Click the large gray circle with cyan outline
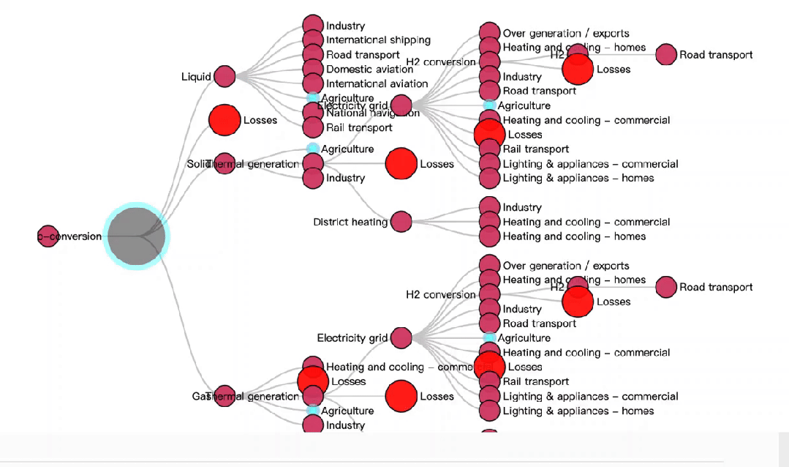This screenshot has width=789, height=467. (137, 235)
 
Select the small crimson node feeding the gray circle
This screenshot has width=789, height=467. (48, 236)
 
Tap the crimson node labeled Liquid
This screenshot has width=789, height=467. (224, 76)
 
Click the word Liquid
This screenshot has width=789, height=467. (196, 77)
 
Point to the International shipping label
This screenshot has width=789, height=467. (378, 40)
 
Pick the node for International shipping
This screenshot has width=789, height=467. (313, 40)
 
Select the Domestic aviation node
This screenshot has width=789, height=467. (313, 69)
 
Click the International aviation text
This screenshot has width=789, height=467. (377, 83)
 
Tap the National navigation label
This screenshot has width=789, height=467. (373, 113)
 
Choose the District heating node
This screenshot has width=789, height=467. (401, 221)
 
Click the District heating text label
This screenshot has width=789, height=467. (350, 222)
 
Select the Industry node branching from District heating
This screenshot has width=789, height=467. (489, 207)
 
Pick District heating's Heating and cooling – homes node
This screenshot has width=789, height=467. (489, 236)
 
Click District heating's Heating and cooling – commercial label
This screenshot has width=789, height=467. (586, 222)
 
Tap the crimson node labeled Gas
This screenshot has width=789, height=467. (224, 396)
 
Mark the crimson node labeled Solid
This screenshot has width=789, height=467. (224, 164)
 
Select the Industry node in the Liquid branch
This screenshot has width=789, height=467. (313, 26)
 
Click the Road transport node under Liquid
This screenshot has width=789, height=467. (313, 54)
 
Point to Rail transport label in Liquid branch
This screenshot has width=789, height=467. (359, 127)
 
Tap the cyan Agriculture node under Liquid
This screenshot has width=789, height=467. (313, 97)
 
